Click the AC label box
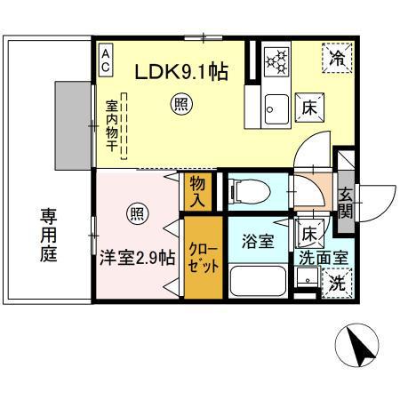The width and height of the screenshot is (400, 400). (105, 60)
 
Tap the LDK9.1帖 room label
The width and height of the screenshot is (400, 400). (181, 72)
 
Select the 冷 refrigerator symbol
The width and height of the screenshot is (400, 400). (337, 59)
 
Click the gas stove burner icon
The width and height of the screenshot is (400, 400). (276, 60)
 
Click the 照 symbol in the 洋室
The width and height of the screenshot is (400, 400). (136, 213)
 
